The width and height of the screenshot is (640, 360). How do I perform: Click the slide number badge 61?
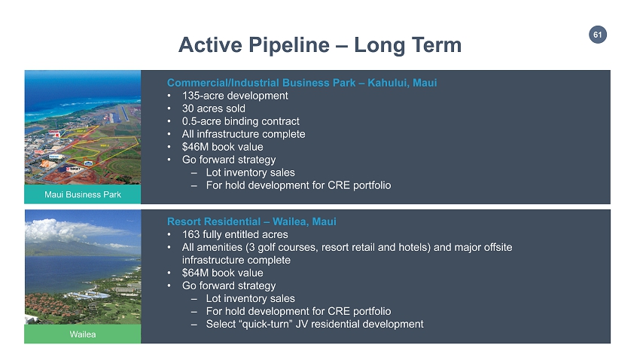[598, 35]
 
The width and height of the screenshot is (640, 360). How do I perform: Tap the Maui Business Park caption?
[83, 194]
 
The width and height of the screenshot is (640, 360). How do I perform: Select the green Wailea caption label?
[83, 334]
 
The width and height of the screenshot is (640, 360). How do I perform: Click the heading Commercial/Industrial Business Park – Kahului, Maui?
[302, 83]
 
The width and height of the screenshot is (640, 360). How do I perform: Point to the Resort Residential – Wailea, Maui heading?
[251, 221]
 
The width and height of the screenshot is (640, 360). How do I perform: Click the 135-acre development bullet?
[235, 96]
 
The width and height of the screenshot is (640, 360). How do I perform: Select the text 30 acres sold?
[214, 108]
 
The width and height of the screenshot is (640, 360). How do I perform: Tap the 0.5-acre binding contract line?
[241, 121]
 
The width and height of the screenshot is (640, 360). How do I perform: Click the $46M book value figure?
[223, 147]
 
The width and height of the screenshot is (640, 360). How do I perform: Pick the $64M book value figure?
[223, 273]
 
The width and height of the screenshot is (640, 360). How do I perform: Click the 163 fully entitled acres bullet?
[235, 235]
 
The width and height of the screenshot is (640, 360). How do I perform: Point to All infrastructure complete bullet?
[244, 134]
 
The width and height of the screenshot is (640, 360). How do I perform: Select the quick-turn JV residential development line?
[315, 324]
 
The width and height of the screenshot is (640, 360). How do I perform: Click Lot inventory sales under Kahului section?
[250, 172]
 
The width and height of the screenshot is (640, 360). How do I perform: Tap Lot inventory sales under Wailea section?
[250, 298]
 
